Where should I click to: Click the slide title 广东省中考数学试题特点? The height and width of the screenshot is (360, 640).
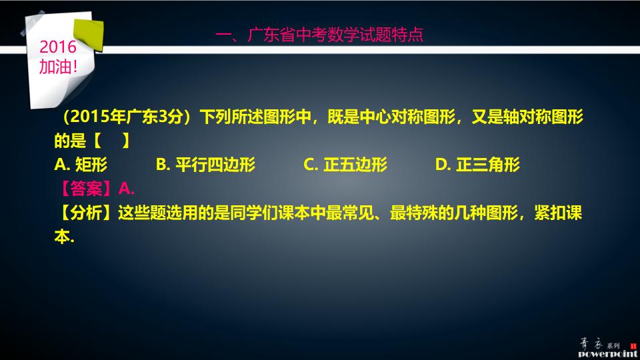coord(335,35)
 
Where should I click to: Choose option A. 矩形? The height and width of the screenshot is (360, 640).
coord(81,165)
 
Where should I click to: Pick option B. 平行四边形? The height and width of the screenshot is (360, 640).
coord(205,165)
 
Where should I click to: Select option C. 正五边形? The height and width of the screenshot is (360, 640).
coord(345,165)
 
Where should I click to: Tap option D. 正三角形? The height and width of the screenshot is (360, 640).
coord(477,165)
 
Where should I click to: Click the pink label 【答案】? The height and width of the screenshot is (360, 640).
coord(85,189)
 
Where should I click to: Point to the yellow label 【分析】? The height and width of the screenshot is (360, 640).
coord(85,213)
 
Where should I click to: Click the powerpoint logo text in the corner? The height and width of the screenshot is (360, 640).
coord(607,354)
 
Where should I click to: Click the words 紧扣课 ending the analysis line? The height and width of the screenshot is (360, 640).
coord(559,213)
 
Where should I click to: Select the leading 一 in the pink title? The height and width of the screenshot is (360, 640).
coord(224,35)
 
